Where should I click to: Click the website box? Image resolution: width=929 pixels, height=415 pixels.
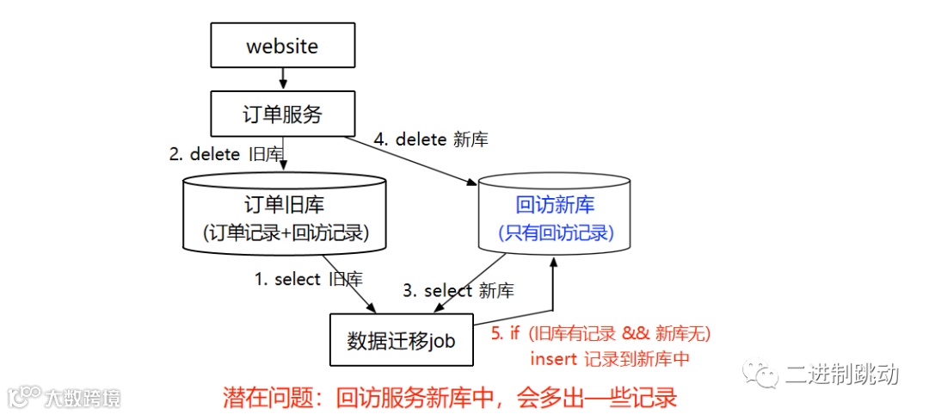coord(282,46)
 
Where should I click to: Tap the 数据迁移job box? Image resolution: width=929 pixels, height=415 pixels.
coord(401,340)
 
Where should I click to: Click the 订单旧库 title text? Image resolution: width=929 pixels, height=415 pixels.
coord(285,206)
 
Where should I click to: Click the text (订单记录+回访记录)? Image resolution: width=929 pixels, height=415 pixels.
coord(285,233)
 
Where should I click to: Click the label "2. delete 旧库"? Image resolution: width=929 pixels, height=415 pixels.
coord(225,155)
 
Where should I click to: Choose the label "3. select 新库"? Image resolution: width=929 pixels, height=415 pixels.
coord(458,291)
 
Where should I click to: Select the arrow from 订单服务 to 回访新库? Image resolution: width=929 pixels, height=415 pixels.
coord(413,159)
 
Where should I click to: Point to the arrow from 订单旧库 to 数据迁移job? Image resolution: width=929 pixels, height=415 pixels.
coord(348,283)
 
